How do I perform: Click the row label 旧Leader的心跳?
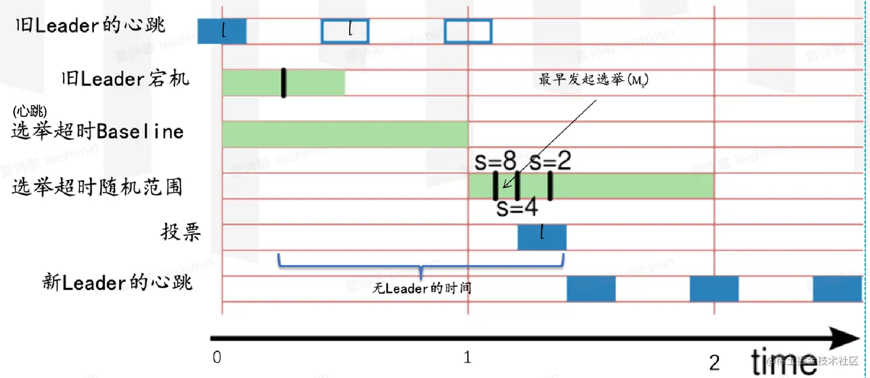[x=91, y=25]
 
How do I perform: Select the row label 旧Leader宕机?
[x=125, y=78]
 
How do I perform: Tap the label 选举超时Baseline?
[x=98, y=132]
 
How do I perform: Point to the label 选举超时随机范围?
[x=97, y=187]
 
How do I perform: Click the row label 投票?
[x=181, y=232]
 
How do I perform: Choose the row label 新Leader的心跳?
[x=117, y=282]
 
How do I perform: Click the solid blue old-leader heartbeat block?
[x=222, y=31]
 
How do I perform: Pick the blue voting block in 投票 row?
[x=542, y=237]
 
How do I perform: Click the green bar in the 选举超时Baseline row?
[x=345, y=135]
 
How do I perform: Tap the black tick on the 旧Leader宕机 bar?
[x=284, y=83]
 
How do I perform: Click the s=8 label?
[x=495, y=162]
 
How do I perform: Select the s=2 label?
[x=550, y=162]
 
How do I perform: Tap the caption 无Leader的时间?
[x=422, y=288]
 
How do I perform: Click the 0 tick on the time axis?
[x=217, y=357]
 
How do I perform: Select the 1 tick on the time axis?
[x=467, y=357]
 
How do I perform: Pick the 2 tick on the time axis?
[x=714, y=362]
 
